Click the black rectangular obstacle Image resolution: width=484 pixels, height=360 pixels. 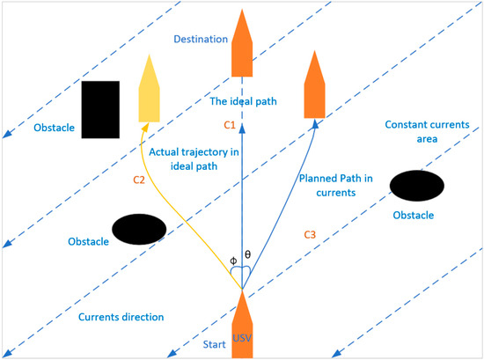click(x=101, y=109)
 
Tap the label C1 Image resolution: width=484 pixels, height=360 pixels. click(x=230, y=126)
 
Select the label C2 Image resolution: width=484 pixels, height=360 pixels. click(x=138, y=180)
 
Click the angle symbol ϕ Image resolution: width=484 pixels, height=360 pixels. click(x=232, y=260)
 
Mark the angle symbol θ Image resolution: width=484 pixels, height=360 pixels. click(x=248, y=254)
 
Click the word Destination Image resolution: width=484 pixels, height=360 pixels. click(x=201, y=40)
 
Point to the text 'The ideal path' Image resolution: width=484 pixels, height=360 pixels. click(x=243, y=102)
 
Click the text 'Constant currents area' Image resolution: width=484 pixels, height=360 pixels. click(x=419, y=133)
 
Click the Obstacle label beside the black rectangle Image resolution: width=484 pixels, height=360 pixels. click(x=55, y=129)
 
